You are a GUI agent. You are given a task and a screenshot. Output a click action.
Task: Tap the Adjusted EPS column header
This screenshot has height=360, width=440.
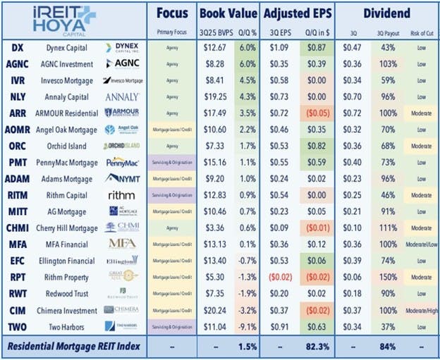(x=298, y=13)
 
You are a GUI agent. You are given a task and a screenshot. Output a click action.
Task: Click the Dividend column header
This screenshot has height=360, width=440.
(x=387, y=13)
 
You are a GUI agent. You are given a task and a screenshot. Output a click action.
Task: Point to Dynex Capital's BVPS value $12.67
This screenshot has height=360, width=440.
(x=212, y=47)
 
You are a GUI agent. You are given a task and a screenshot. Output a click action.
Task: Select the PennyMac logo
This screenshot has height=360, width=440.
(x=123, y=163)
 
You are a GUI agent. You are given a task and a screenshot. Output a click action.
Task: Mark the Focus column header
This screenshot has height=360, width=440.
(x=172, y=13)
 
